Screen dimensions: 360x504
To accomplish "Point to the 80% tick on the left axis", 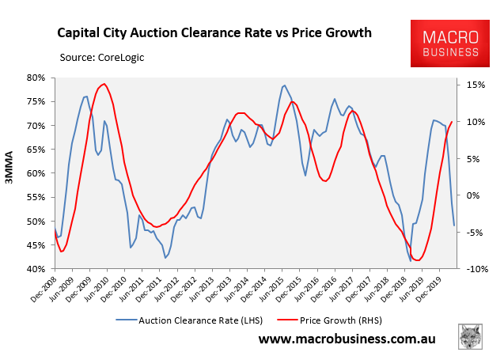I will coord(36,78).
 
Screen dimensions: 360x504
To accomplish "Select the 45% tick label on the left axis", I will coord(36,245).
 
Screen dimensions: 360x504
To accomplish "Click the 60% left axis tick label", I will coord(36,173).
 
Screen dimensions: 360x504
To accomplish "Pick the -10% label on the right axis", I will coord(474,269).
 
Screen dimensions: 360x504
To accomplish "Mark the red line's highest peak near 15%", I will coord(104,84).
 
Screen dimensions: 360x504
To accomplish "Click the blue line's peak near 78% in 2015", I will coord(284,85).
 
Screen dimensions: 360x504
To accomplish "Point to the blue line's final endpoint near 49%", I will coord(454,225).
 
